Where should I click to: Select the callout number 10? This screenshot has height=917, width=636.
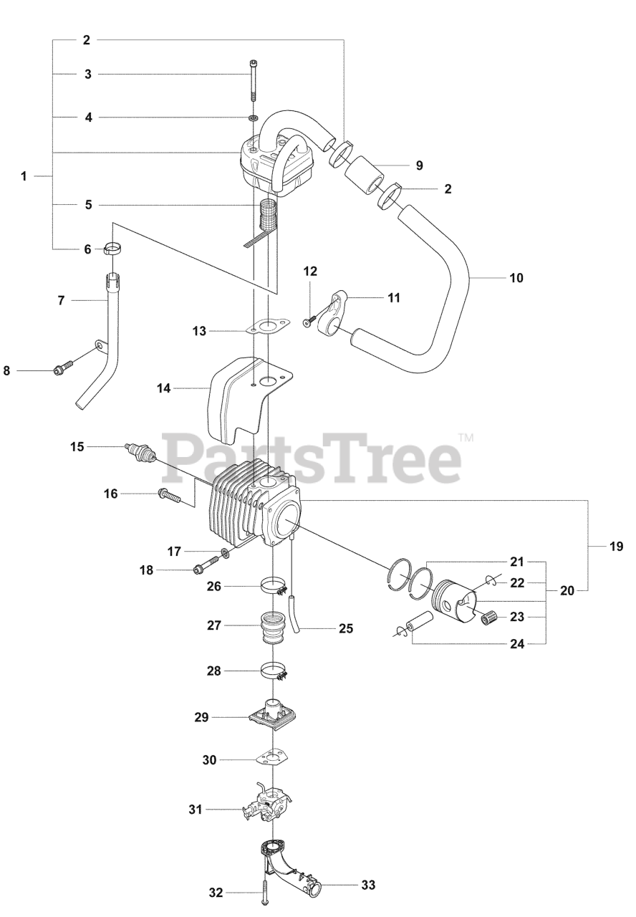coord(516,277)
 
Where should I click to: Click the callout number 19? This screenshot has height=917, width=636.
coord(617,547)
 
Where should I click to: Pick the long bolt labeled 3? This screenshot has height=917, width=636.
coord(254,82)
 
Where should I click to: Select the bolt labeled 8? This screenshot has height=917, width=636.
coord(62,370)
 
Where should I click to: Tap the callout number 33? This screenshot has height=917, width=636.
coord(368,885)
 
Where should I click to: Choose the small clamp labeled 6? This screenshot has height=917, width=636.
coord(112,249)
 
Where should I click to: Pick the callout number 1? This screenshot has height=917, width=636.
coord(24,176)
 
